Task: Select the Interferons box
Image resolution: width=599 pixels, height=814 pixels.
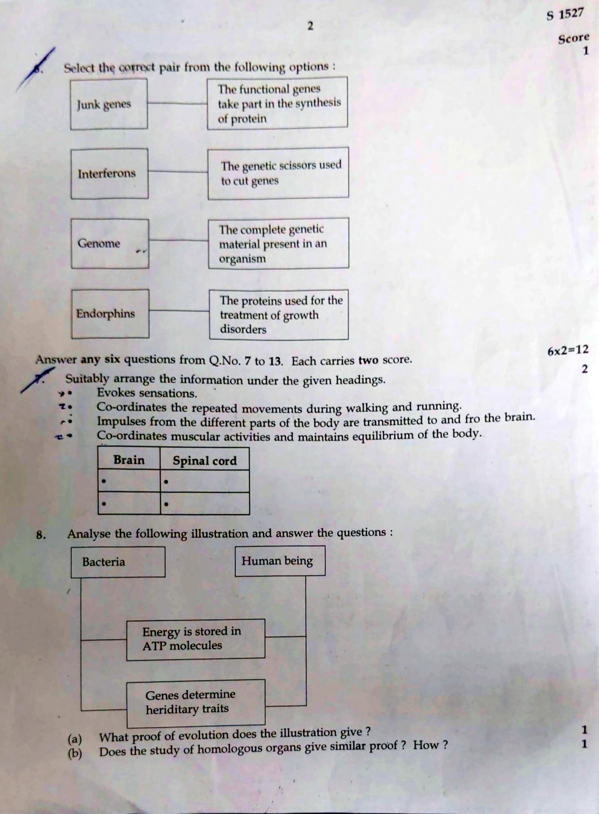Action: pyautogui.click(x=109, y=173)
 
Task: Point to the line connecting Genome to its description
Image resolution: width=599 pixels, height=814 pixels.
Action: pyautogui.click(x=178, y=240)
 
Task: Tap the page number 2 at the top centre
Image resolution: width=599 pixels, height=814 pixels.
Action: pyautogui.click(x=310, y=26)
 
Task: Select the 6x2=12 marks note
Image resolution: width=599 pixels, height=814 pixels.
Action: pyautogui.click(x=568, y=350)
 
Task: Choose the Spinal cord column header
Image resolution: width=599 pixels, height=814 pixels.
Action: pyautogui.click(x=204, y=461)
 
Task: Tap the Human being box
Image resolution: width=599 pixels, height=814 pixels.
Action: pyautogui.click(x=280, y=561)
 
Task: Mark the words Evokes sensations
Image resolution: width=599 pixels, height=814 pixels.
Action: pyautogui.click(x=147, y=393)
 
